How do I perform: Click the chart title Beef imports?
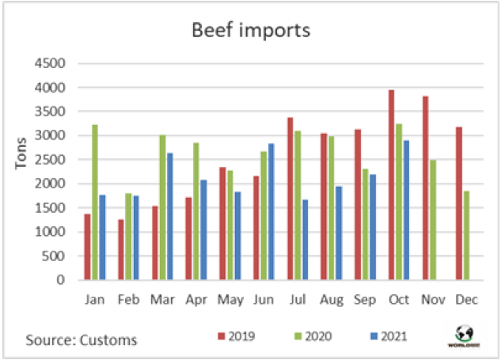pyautogui.click(x=251, y=32)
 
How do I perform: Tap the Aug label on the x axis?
pyautogui.click(x=332, y=301)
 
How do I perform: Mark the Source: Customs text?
pyautogui.click(x=81, y=340)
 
